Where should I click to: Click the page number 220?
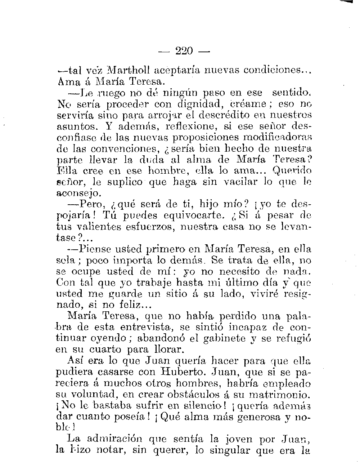(x=184, y=50)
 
